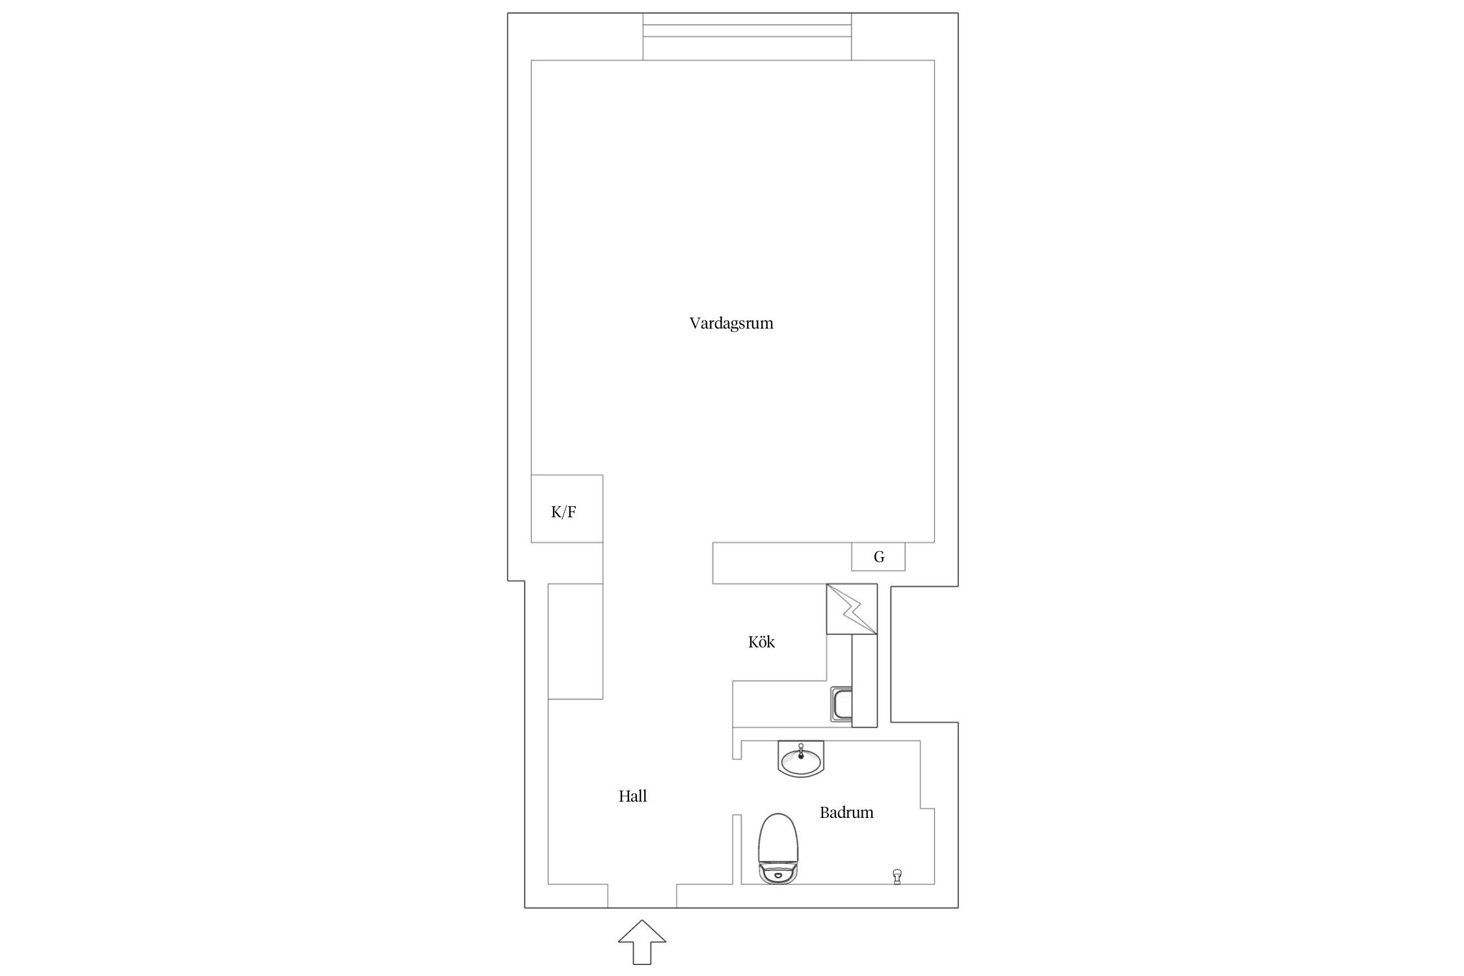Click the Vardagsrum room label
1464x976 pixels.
point(731,323)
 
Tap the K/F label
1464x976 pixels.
point(563,513)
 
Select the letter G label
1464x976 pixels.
point(879,557)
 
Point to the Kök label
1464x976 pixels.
point(761,642)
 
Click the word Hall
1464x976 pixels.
point(632,796)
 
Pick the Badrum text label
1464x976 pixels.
point(847,813)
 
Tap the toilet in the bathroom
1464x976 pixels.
point(778,848)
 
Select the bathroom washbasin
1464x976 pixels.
point(801,759)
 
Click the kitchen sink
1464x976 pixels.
point(841,704)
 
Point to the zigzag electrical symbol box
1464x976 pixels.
point(852,609)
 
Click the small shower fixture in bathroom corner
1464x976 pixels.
point(897,876)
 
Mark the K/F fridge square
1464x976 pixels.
point(567,509)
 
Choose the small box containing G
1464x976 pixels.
point(878,557)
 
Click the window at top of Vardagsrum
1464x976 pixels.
point(747,36)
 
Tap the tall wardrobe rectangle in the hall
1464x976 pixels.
point(575,642)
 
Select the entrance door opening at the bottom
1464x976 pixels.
point(642,896)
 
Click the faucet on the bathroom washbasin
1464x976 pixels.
point(801,752)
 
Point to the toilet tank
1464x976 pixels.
point(778,873)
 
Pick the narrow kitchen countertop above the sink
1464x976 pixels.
point(864,681)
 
